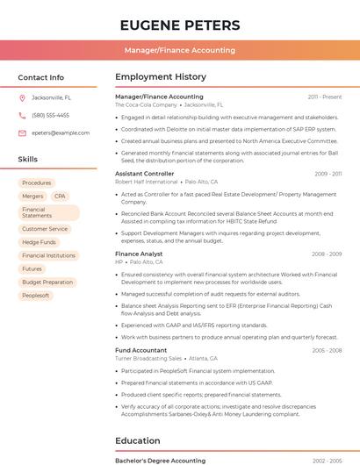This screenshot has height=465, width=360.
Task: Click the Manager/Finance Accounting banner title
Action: point(179,51)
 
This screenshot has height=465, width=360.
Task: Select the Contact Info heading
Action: point(40,77)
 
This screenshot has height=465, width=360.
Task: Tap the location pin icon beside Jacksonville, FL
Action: point(22,98)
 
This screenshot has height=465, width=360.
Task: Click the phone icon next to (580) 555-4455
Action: point(22,116)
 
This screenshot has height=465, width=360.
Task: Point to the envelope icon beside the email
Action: point(22,133)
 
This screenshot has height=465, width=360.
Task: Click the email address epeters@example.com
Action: point(61,133)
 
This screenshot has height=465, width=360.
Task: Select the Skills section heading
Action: point(28,160)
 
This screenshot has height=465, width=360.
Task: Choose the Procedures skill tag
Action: point(37,183)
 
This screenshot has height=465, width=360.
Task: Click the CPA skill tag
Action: point(60,197)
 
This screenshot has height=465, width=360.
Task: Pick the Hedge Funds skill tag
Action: point(39,242)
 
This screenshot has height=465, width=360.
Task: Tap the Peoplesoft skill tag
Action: point(35,296)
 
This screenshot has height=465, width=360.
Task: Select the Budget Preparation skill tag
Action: point(47,283)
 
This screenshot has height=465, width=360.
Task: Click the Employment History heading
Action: point(161,77)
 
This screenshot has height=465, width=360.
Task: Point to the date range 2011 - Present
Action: point(325,97)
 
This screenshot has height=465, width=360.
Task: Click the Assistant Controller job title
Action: point(145,174)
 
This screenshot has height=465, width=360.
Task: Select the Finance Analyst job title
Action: point(139,254)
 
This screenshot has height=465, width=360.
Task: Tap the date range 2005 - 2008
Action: point(327,350)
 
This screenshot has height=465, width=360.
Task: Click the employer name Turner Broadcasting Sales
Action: point(148,358)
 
